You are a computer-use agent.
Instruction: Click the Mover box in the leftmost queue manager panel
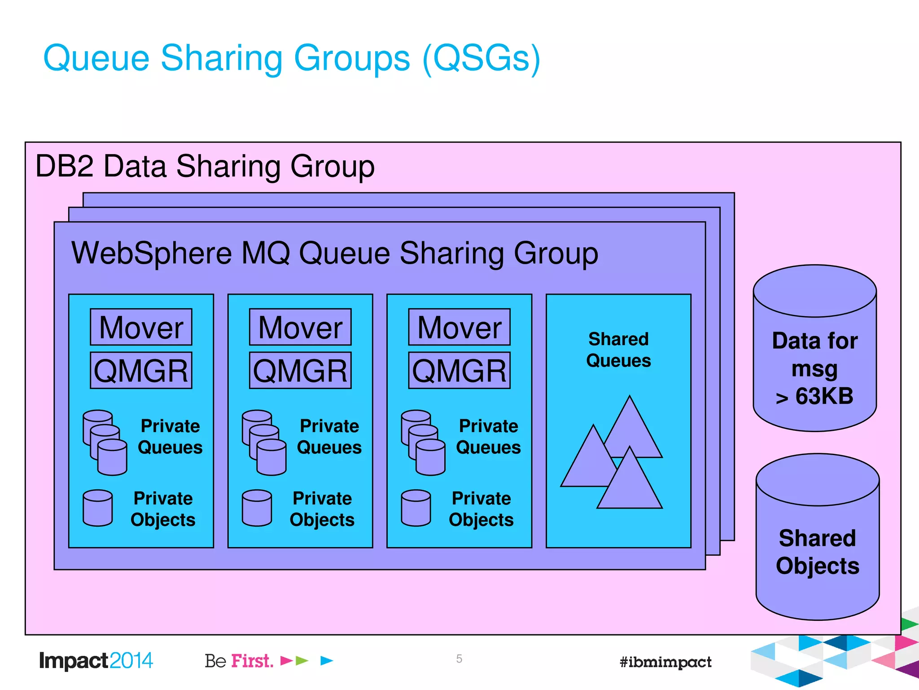pyautogui.click(x=141, y=327)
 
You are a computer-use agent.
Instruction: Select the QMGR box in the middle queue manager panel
pyautogui.click(x=300, y=371)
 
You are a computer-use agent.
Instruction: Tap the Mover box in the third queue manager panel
pyautogui.click(x=459, y=327)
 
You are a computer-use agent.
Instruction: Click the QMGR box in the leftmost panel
pyautogui.click(x=141, y=371)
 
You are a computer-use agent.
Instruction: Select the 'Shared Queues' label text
pyautogui.click(x=618, y=350)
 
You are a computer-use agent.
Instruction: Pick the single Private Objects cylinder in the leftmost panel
pyautogui.click(x=98, y=508)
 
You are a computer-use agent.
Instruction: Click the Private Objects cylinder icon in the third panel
pyautogui.click(x=416, y=508)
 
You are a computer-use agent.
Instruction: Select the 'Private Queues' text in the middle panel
pyautogui.click(x=329, y=437)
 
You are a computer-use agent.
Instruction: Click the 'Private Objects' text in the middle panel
pyautogui.click(x=322, y=509)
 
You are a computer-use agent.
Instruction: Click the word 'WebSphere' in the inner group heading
pyautogui.click(x=152, y=253)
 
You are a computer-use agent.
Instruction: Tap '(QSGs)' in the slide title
pyautogui.click(x=481, y=58)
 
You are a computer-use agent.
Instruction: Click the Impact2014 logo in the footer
pyautogui.click(x=96, y=661)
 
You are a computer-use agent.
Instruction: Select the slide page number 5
pyautogui.click(x=459, y=659)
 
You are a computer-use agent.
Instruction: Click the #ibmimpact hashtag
pyautogui.click(x=665, y=662)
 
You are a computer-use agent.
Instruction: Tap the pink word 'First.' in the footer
pyautogui.click(x=252, y=661)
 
